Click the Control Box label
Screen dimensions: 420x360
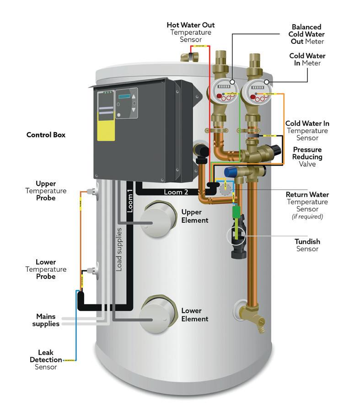coord(46,135)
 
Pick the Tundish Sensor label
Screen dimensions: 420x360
coord(307,245)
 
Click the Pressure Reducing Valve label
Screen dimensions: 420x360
coord(307,156)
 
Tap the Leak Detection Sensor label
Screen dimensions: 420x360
coord(46,360)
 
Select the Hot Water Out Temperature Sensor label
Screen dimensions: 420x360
coord(190,32)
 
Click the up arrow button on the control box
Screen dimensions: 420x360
coord(134,97)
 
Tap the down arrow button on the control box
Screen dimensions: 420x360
coord(134,110)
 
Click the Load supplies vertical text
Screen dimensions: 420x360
coord(119,249)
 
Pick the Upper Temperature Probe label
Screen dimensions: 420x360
coord(46,191)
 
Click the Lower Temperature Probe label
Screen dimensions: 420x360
coord(46,269)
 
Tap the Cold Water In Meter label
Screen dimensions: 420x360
coord(308,59)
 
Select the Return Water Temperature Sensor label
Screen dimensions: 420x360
coord(307,205)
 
